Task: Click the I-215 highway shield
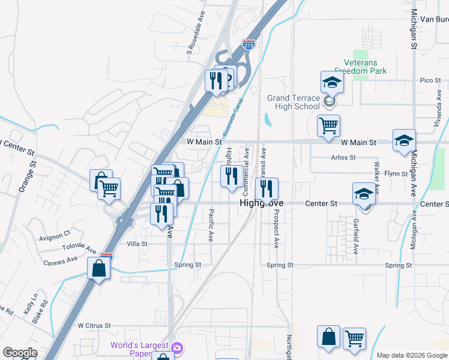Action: tap(249, 44)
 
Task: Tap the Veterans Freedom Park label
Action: tap(365, 66)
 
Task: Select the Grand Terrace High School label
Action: tap(294, 102)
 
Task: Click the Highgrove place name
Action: tap(261, 204)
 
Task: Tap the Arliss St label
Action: tap(343, 157)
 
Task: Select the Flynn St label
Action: tap(396, 173)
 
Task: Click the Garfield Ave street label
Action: tap(356, 237)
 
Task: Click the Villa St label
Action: tap(137, 244)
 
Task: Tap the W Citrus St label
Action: tap(94, 325)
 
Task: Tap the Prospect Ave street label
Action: tap(276, 229)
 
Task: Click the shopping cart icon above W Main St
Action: tap(328, 125)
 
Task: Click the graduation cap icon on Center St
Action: tap(363, 194)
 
